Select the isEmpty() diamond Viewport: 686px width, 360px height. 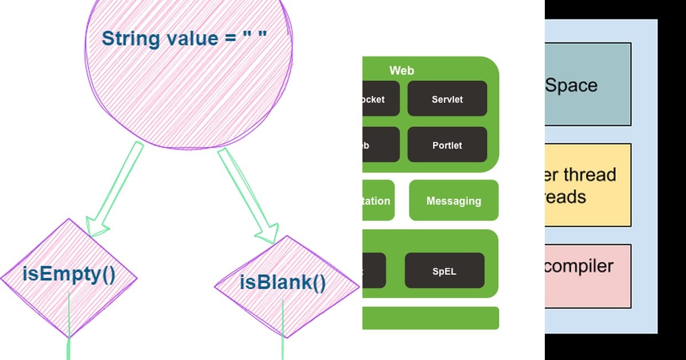click(x=69, y=277)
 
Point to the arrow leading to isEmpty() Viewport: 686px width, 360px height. click(x=114, y=189)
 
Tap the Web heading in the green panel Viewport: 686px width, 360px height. click(x=401, y=71)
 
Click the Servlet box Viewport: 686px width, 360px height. click(x=447, y=99)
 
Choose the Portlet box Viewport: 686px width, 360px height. click(x=447, y=145)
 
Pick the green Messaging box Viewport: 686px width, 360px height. click(x=453, y=201)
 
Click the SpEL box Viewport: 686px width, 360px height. click(x=444, y=271)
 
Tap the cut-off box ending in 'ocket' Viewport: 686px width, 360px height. click(x=380, y=99)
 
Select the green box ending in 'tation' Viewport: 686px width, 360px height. click(x=377, y=201)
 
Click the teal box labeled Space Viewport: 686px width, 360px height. click(x=588, y=85)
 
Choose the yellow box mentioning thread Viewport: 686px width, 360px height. click(x=588, y=185)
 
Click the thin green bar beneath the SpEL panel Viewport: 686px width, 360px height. click(x=430, y=318)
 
